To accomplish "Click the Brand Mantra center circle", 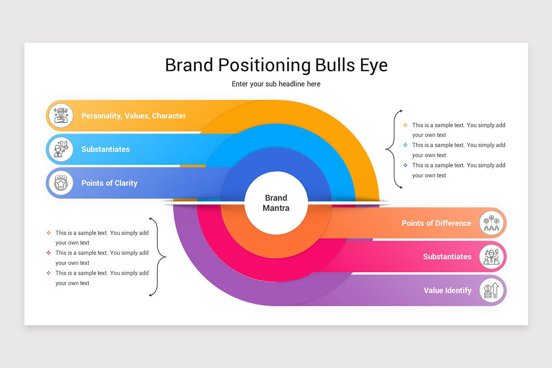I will tap(276, 203).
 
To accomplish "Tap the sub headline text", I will tap(276, 84).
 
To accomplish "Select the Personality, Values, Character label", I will tap(133, 116).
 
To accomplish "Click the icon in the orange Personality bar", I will tap(61, 115).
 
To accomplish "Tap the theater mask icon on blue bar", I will tap(61, 149).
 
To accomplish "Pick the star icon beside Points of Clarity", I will tap(61, 183).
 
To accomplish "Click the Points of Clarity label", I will tap(109, 183).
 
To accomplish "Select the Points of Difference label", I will tap(436, 223).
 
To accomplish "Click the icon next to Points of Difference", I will tap(491, 223).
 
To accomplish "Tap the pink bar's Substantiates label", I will tap(447, 257).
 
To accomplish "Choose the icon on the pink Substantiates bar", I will tap(491, 257).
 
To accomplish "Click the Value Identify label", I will tap(447, 290).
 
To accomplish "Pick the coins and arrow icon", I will tap(491, 290).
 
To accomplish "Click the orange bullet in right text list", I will tap(405, 125).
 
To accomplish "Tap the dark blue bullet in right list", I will tap(405, 165).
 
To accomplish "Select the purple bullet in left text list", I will tap(48, 273).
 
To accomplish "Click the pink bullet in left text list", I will tap(48, 253).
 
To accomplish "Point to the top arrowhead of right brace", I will tap(401, 111).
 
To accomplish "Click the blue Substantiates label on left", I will tap(105, 149).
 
